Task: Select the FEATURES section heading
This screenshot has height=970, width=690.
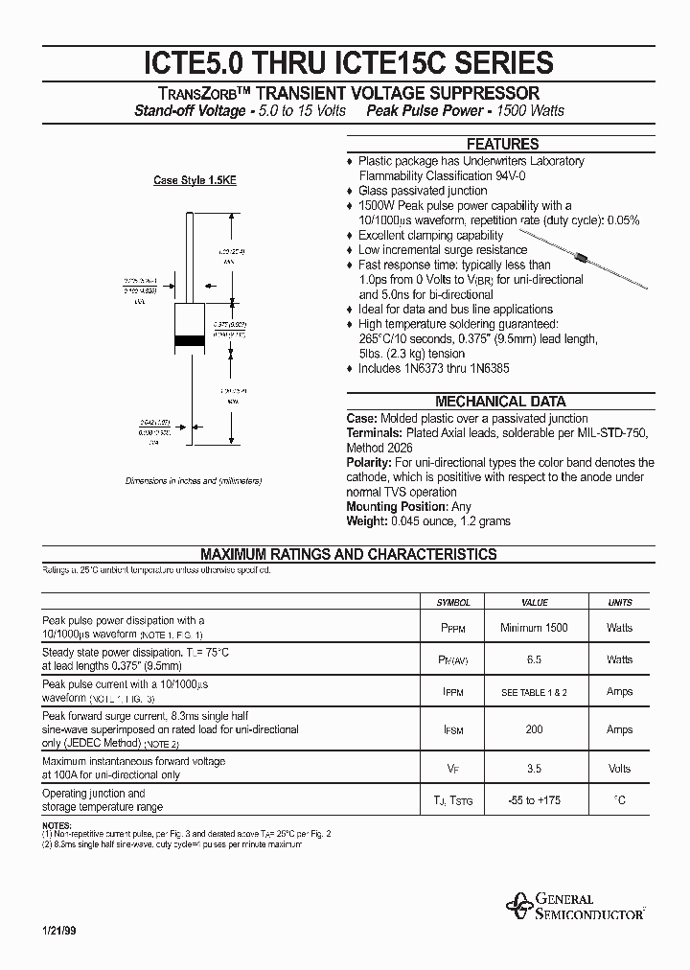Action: [501, 145]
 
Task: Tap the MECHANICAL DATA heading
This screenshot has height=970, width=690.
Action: [500, 402]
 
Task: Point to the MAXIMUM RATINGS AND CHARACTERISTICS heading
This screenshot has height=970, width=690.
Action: [348, 554]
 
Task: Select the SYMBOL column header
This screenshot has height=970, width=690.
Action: [453, 603]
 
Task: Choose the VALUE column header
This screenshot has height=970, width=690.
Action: [534, 603]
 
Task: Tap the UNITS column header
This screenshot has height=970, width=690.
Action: [620, 603]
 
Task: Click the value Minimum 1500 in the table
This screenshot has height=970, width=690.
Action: [534, 628]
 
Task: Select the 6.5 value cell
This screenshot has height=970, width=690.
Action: [534, 660]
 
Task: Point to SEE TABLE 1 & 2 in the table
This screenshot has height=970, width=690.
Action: [534, 692]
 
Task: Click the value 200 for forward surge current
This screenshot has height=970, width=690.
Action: [534, 730]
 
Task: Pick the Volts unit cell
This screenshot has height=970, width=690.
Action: [620, 769]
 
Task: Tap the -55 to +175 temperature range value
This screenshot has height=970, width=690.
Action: [534, 800]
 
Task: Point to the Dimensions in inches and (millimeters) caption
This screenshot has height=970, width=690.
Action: [193, 480]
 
